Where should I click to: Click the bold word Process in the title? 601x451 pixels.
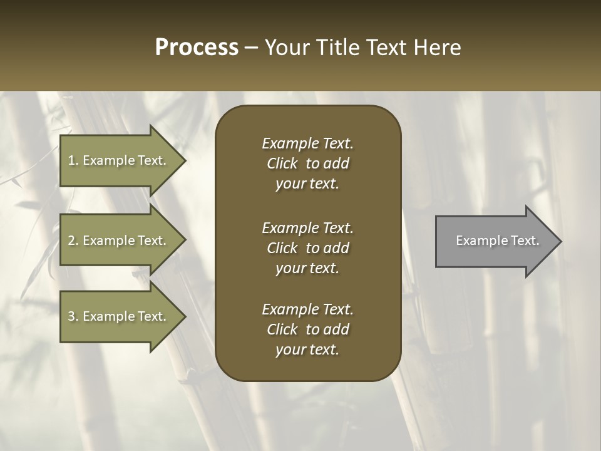[x=197, y=48]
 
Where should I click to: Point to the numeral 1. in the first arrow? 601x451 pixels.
[x=73, y=160]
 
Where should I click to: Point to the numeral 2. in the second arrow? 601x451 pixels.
[x=73, y=241]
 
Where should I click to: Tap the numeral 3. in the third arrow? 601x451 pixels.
[x=73, y=316]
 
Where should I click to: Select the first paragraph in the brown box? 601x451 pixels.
[x=307, y=163]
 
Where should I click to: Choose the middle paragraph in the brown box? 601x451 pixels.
[x=307, y=248]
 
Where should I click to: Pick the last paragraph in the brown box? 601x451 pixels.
[x=307, y=329]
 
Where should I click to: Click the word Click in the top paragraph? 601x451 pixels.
[x=282, y=163]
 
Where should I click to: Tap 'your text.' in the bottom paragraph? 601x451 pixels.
[x=307, y=350]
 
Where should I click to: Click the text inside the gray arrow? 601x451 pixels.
[x=497, y=241]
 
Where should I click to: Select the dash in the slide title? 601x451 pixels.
[x=252, y=48]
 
